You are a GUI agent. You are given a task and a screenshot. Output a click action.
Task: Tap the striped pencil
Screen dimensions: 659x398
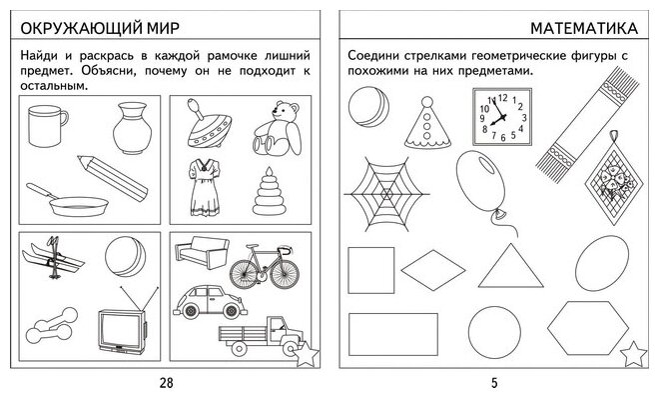pyautogui.click(x=113, y=178)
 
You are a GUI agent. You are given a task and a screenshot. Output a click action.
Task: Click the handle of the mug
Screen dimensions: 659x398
pyautogui.click(x=64, y=118)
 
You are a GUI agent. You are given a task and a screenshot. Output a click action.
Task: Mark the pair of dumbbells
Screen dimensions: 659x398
pyautogui.click(x=52, y=325)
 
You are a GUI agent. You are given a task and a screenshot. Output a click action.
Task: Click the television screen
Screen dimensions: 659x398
pyautogui.click(x=121, y=330)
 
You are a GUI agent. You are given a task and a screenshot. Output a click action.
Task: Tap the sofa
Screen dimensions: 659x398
pyautogui.click(x=202, y=252)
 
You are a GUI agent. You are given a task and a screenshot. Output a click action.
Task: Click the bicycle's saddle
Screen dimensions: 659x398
pyautogui.click(x=253, y=246)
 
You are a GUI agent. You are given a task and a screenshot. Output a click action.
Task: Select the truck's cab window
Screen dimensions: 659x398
pyautogui.click(x=277, y=324)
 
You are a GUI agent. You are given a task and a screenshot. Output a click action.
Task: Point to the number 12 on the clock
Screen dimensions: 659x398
pyautogui.click(x=502, y=98)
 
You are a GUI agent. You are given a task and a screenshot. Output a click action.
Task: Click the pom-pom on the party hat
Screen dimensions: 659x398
pyautogui.click(x=427, y=102)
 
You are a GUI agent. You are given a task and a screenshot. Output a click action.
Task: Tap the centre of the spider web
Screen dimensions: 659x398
pyautogui.click(x=386, y=194)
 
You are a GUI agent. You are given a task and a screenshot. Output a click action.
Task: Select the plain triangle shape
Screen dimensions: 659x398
pyautogui.click(x=510, y=265)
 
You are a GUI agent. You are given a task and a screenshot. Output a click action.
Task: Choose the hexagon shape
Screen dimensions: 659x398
pyautogui.click(x=588, y=329)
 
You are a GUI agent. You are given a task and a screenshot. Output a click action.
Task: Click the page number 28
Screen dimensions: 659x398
pyautogui.click(x=167, y=382)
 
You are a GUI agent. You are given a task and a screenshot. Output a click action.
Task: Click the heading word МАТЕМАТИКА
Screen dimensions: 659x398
pyautogui.click(x=584, y=28)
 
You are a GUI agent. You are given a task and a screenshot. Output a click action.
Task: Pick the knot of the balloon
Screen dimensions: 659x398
pyautogui.click(x=500, y=215)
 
